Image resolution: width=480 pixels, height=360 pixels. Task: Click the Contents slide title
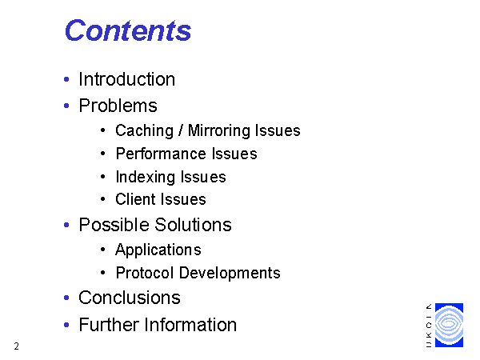pos(128,30)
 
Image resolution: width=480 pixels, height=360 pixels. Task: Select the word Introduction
pos(126,79)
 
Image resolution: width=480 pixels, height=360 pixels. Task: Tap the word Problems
pos(118,106)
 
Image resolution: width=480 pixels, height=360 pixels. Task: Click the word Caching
pos(145,131)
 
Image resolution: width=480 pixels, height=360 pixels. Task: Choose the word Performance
pos(161,154)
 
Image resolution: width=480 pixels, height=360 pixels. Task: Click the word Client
pos(136,199)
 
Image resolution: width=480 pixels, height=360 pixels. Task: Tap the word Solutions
pos(193,225)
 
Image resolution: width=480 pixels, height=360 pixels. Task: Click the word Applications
pos(158,250)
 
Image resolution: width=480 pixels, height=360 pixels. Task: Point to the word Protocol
pos(145,273)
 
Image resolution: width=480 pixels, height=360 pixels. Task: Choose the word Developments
pos(230,273)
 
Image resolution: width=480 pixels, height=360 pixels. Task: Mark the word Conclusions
pos(130,298)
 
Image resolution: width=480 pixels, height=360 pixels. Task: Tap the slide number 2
pos(17,346)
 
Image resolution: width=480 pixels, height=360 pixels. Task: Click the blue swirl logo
pos(449,325)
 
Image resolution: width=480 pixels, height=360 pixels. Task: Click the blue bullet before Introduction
pos(66,79)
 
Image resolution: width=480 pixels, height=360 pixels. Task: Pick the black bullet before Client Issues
pos(103,199)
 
